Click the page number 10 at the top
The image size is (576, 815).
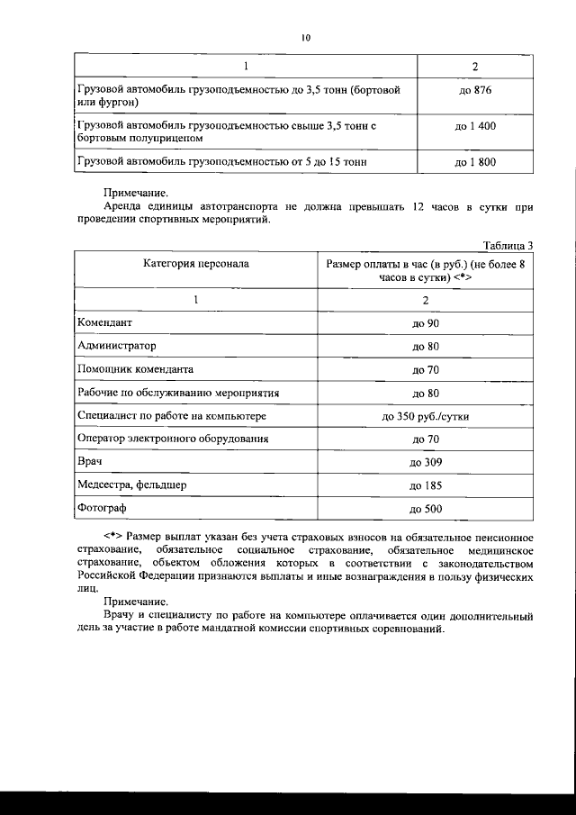[305, 37]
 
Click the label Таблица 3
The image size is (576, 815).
[508, 245]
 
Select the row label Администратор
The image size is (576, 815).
[117, 345]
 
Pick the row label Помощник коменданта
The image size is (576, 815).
[135, 368]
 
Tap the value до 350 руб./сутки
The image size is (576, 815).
[425, 416]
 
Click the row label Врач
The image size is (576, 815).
[91, 463]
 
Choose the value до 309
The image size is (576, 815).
[425, 463]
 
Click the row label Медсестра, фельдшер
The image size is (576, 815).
[131, 485]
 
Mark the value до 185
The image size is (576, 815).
[425, 486]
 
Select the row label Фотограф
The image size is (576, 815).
[102, 509]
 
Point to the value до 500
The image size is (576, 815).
[425, 510]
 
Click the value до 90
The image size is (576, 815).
[425, 322]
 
